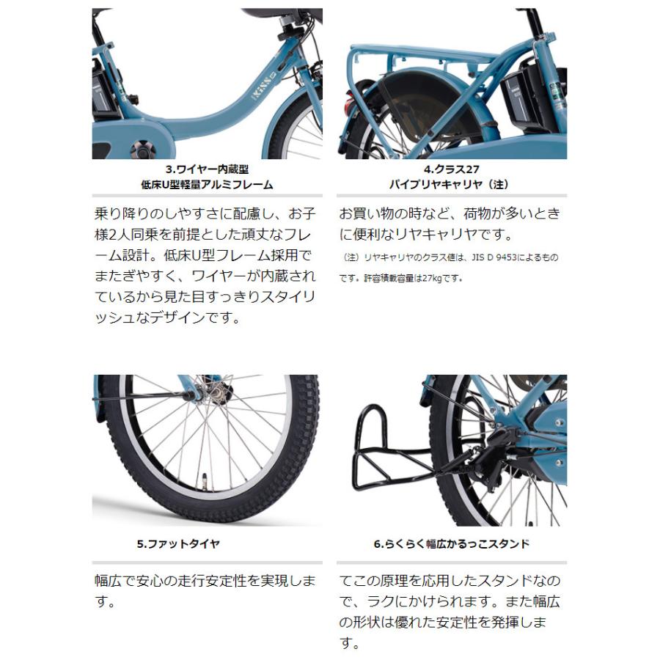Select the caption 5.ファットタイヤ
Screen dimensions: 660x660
click(x=178, y=544)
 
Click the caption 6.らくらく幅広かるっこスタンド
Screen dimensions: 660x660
click(x=451, y=544)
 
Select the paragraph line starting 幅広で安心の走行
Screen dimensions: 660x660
click(x=205, y=581)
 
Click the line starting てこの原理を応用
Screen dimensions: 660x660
click(x=449, y=581)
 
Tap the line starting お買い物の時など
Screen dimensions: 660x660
click(x=449, y=214)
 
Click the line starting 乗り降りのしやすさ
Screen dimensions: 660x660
click(x=205, y=214)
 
